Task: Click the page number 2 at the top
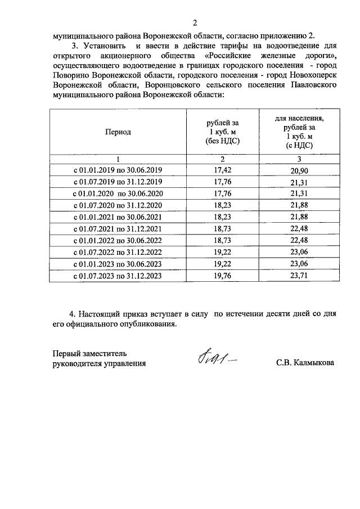[x=195, y=23]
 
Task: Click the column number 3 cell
[x=299, y=159]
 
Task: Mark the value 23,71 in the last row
[x=299, y=276]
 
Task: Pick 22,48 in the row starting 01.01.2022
[x=299, y=241]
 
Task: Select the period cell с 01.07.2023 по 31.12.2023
[x=118, y=276]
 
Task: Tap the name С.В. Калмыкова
[x=305, y=363]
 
